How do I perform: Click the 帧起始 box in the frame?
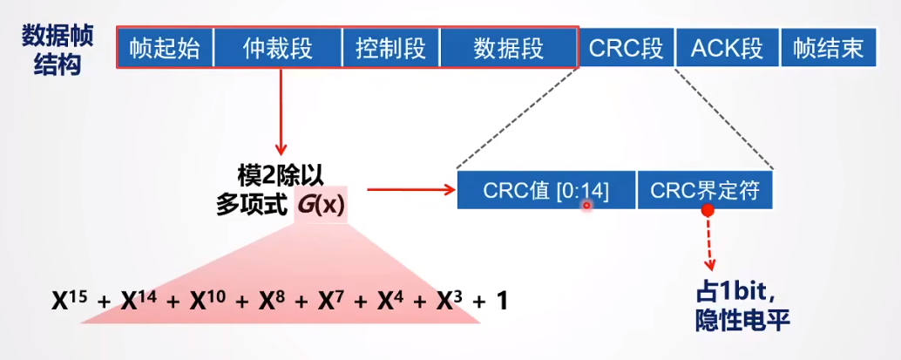[165, 48]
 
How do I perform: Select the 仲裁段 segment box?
[278, 48]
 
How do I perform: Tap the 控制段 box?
[391, 48]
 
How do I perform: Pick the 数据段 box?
[508, 48]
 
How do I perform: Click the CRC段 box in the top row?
[626, 48]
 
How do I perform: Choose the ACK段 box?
[726, 48]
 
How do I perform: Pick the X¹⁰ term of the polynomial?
[205, 301]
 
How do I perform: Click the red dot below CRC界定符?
[708, 210]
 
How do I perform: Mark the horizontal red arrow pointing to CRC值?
[410, 188]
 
